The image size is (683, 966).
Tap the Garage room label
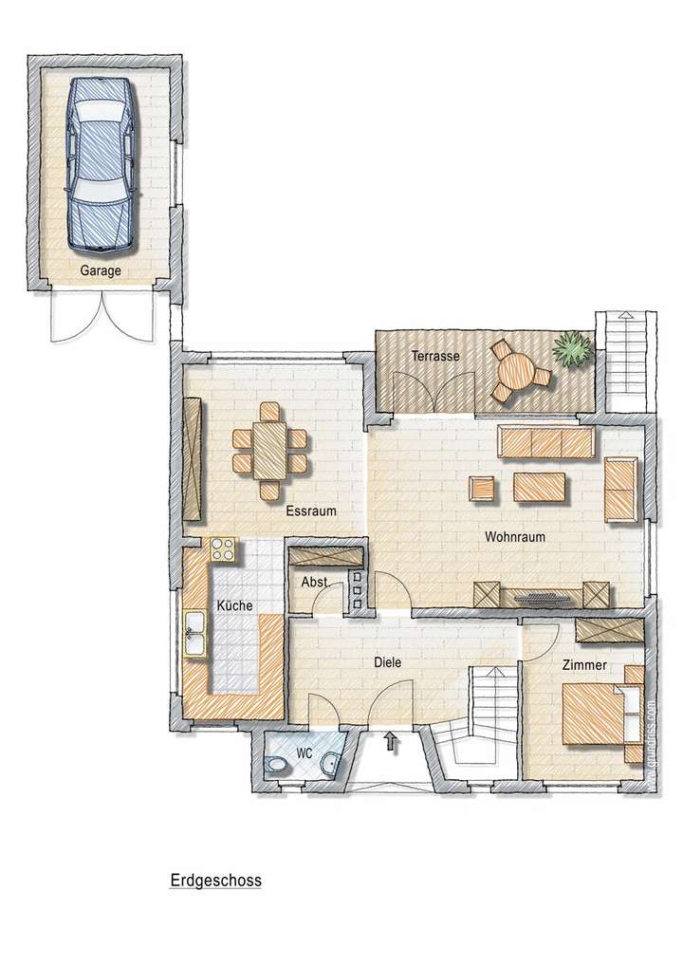coord(101,270)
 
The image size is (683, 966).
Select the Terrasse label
coord(435,356)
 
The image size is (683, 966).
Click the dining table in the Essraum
coord(270,451)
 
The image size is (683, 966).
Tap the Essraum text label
coord(311,511)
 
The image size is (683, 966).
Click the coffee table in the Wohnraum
coord(540,487)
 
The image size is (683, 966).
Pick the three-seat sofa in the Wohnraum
coord(546,440)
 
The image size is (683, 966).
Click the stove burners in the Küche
coord(223,548)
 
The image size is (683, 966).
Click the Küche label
coord(233,604)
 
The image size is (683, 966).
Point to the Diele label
coord(385,663)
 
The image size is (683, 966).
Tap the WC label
coord(304,752)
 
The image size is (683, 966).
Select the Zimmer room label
coord(583,665)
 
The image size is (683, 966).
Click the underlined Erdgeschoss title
coord(214,881)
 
